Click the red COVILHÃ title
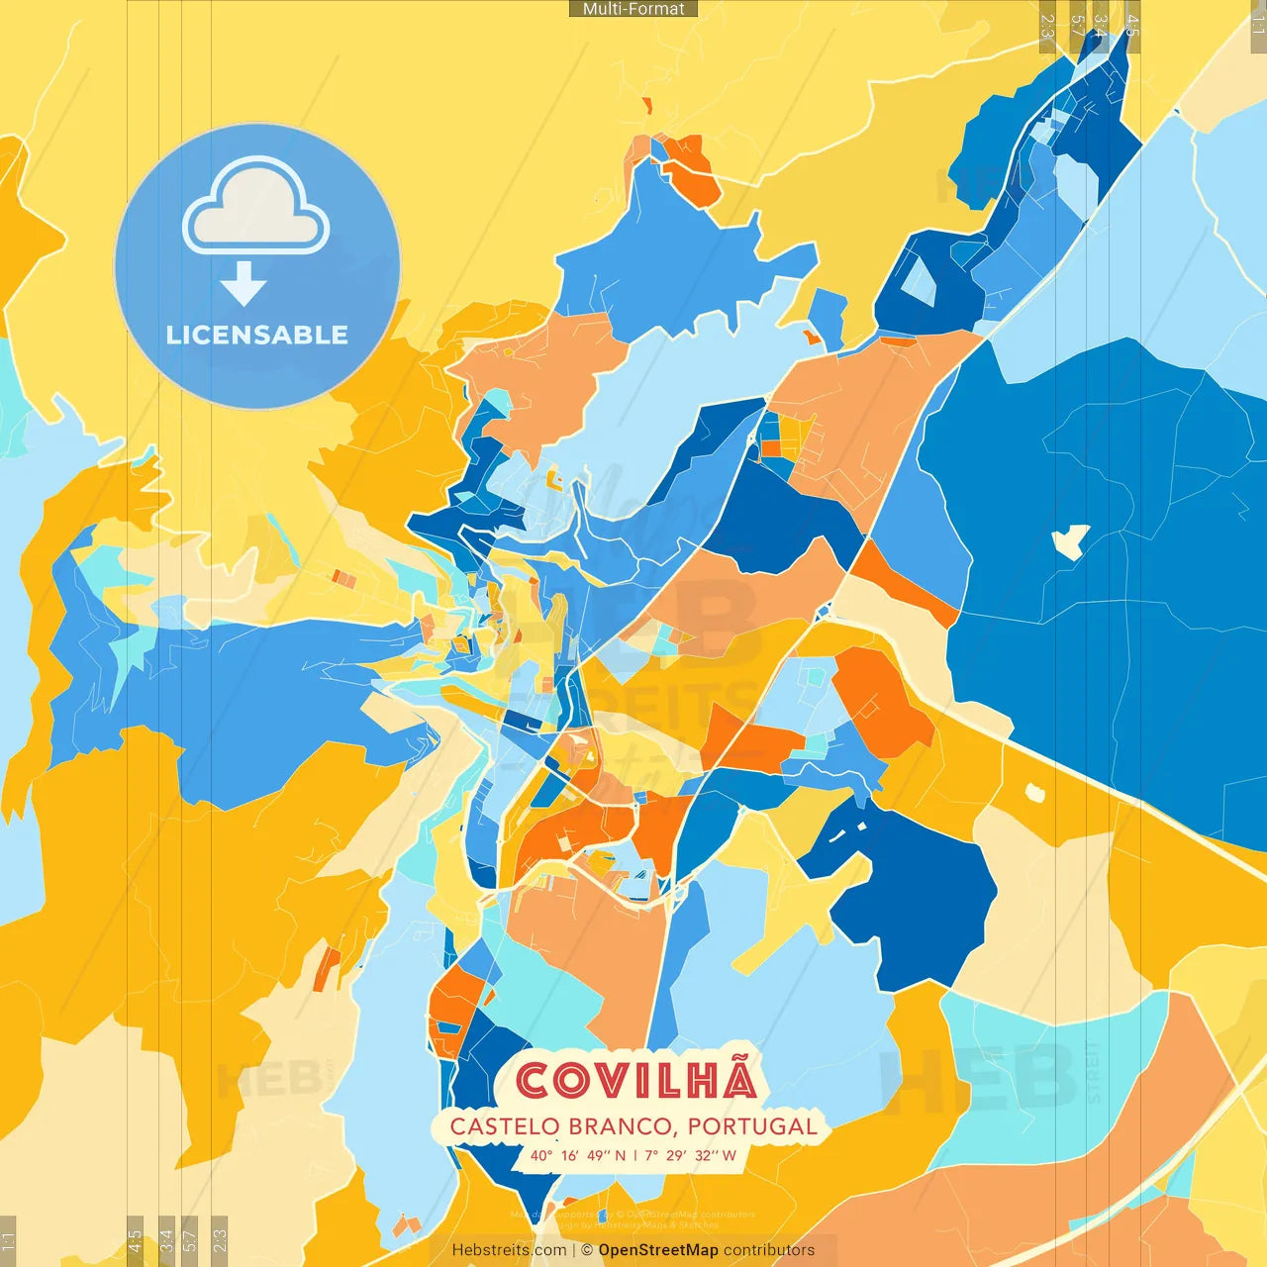(636, 1080)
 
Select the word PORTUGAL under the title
(752, 1126)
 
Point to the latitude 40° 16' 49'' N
(578, 1155)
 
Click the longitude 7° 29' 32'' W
(691, 1155)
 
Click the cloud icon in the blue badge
(256, 208)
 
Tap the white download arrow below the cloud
(244, 284)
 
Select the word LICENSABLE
(257, 335)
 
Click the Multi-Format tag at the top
(633, 9)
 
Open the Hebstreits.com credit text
(509, 1250)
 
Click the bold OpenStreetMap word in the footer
(658, 1250)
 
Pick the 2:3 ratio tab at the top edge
(1047, 25)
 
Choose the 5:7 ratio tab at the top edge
(1077, 25)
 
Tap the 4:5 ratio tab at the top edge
(1132, 25)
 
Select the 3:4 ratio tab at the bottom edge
(166, 1241)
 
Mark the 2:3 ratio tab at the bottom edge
(220, 1241)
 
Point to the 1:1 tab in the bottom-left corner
(9, 1241)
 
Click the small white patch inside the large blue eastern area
(1070, 539)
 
